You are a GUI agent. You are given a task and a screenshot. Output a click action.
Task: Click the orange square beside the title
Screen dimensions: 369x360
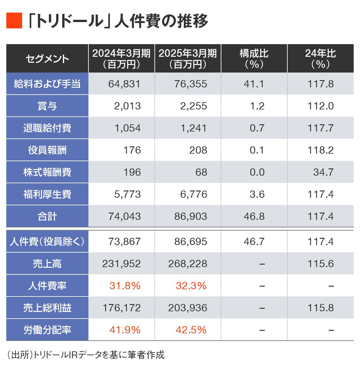[x=14, y=21]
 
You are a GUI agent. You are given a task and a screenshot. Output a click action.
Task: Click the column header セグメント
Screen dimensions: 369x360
[x=47, y=59]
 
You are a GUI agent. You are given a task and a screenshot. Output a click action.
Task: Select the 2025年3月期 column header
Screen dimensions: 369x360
[x=188, y=59]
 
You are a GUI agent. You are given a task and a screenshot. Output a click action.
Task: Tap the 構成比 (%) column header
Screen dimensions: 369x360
[x=254, y=59]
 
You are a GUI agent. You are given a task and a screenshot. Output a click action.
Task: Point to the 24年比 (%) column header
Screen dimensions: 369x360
[x=320, y=59]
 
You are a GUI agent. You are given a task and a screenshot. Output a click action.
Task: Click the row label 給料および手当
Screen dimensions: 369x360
[x=47, y=84]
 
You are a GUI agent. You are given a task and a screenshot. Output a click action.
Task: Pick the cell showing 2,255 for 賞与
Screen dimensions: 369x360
[x=194, y=106]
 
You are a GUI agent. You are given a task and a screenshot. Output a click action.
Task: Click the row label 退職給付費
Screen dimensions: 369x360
[x=47, y=128]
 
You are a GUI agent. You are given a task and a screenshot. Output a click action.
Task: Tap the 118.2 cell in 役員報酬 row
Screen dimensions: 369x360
[x=321, y=150]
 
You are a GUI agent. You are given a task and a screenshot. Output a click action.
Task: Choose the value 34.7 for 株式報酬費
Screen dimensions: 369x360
[x=323, y=172]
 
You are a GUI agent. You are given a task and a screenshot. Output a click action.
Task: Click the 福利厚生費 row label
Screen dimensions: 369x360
[x=47, y=194]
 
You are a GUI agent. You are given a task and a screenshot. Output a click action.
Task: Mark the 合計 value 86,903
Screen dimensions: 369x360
[x=191, y=216]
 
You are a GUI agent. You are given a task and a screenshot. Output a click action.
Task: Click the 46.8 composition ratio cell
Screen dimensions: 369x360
[x=254, y=216]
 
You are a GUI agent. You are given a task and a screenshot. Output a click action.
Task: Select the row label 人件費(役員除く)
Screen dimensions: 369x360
[x=47, y=242]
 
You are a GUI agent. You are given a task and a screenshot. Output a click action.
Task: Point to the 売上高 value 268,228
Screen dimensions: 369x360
[x=188, y=264]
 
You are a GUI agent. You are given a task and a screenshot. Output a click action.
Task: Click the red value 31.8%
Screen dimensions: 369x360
[x=125, y=286]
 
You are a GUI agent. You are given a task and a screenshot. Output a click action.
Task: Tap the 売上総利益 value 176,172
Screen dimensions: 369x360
[x=122, y=308]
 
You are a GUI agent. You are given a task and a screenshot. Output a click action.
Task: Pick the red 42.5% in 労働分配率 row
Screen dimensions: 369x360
[x=191, y=330]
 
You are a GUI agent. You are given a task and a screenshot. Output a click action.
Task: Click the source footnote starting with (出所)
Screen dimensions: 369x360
[x=86, y=355]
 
